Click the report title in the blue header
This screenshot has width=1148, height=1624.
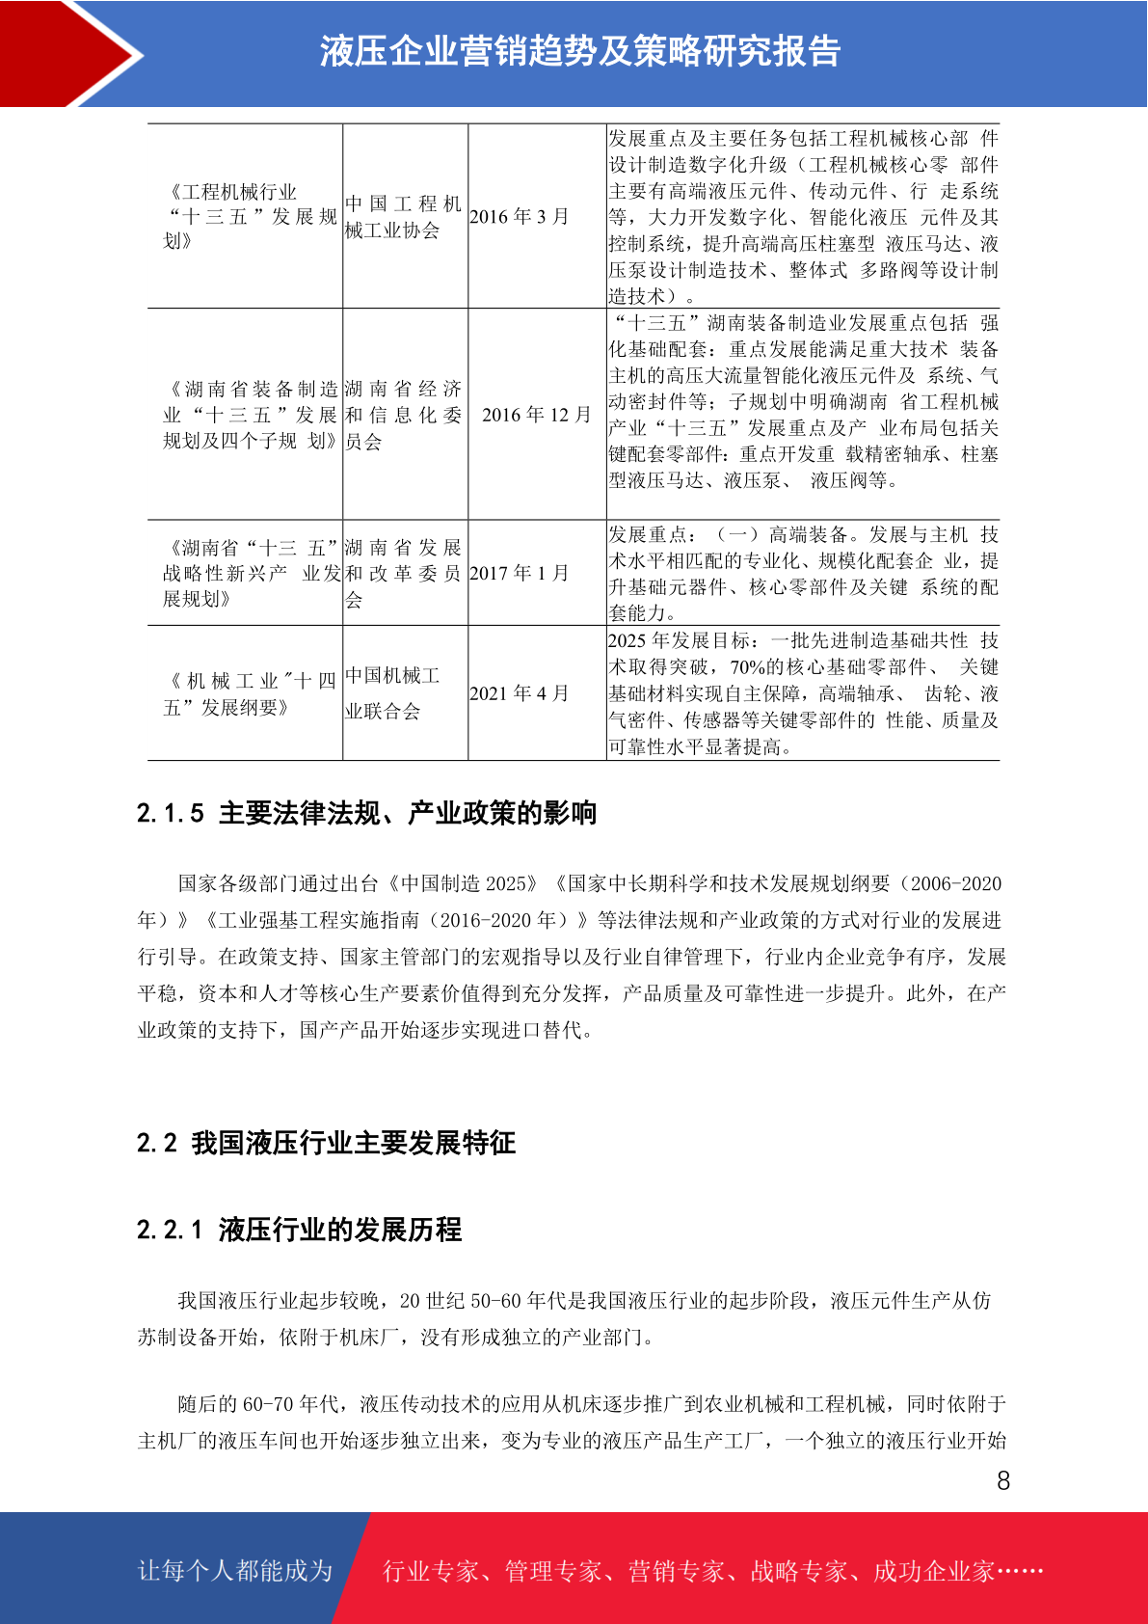(x=580, y=52)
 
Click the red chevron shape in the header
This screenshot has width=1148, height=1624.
(x=67, y=53)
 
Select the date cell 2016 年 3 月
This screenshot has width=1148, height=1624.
(x=520, y=217)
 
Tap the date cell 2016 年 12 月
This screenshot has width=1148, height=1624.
(x=536, y=415)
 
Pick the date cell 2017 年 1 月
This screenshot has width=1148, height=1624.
(x=520, y=573)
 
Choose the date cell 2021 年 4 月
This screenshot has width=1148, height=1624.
(x=520, y=693)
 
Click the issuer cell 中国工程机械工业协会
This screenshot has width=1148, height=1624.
(x=403, y=217)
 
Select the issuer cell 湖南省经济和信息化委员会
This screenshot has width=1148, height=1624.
(x=403, y=415)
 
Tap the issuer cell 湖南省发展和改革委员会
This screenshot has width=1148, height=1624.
(x=403, y=573)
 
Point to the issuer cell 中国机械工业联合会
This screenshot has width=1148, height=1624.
(x=393, y=693)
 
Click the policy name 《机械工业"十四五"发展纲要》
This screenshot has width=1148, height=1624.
(x=249, y=693)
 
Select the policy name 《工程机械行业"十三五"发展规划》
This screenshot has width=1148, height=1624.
(x=249, y=217)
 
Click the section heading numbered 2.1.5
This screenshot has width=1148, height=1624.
(x=366, y=813)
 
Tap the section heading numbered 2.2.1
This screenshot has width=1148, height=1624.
(x=299, y=1230)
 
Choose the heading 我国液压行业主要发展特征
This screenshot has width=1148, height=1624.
(x=353, y=1143)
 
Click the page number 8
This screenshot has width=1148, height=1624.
(x=1002, y=1481)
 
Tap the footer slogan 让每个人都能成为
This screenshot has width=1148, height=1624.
(x=235, y=1571)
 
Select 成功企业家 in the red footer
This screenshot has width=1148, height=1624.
(x=933, y=1571)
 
